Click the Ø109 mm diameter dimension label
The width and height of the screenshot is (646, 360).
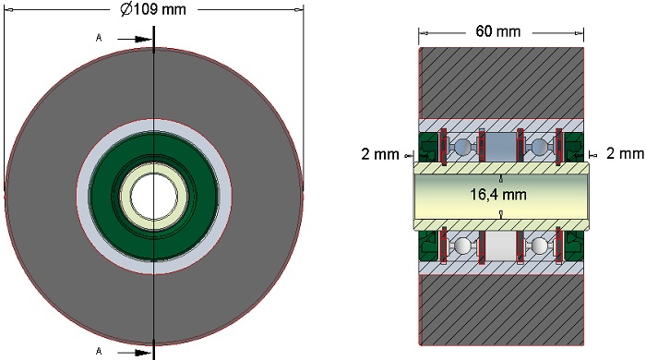pos(153,9)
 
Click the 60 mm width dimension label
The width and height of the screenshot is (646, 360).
pos(498,31)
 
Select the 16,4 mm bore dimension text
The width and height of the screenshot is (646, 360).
pos(498,194)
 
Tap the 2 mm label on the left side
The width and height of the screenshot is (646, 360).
pos(380,154)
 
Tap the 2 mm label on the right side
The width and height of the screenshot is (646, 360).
pos(625,153)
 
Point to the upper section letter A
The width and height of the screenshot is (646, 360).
pos(99,38)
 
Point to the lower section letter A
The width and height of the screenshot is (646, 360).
pos(99,351)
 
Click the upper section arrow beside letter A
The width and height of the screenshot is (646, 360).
pos(135,39)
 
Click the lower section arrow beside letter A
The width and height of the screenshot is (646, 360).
pos(135,353)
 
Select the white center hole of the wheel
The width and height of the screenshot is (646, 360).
pos(154,196)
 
